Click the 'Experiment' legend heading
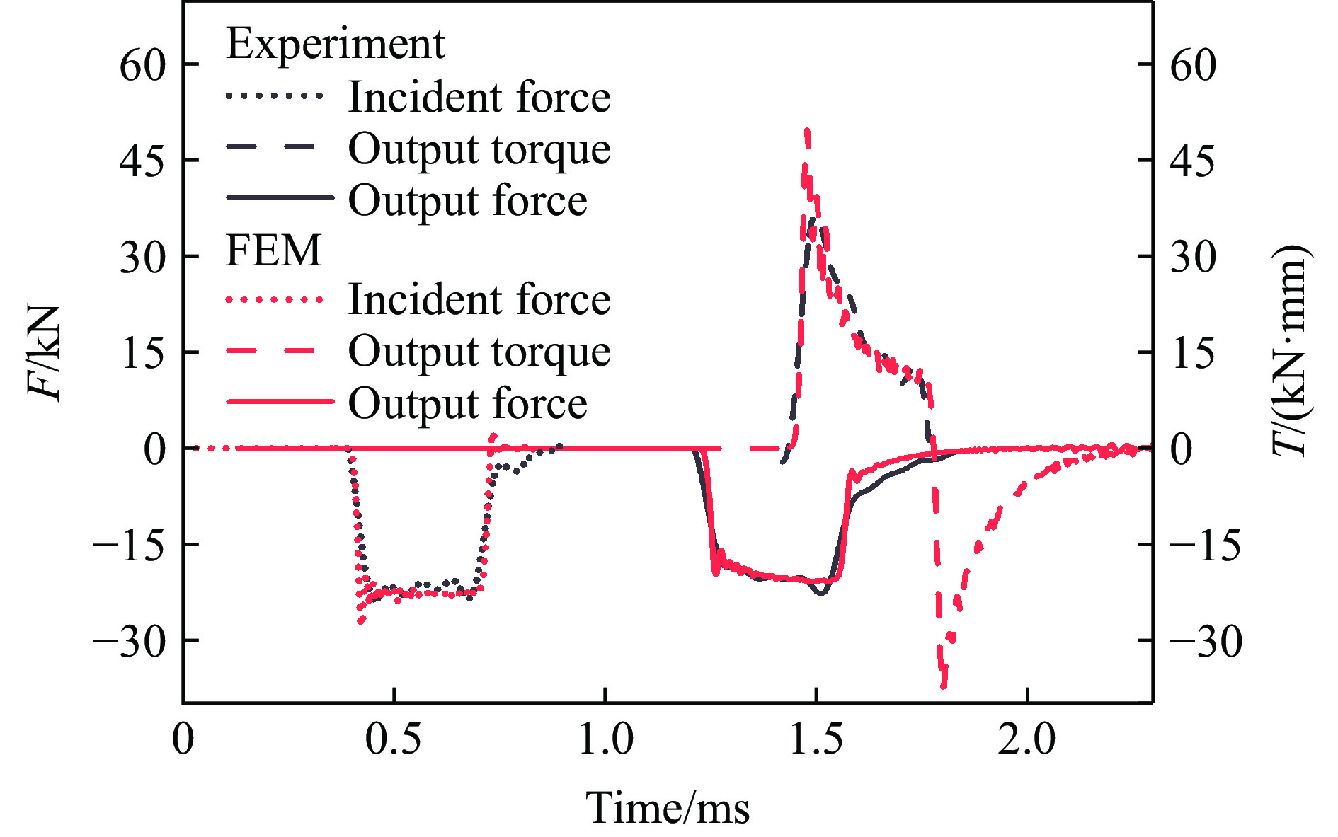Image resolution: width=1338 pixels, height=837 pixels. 336,44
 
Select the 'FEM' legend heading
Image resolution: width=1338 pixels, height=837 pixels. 273,250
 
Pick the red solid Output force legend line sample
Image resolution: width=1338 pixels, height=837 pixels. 279,402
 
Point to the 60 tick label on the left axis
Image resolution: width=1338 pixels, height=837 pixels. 142,65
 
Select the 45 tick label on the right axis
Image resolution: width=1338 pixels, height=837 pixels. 1193,161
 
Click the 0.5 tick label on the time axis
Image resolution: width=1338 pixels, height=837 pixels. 393,739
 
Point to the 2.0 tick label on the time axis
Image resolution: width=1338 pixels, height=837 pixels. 1027,739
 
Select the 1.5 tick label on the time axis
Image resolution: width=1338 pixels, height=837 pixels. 816,739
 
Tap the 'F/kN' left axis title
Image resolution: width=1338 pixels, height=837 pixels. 44,352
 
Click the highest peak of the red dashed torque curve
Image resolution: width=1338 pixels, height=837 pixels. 806,131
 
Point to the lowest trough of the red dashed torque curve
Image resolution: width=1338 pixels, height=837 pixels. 943,685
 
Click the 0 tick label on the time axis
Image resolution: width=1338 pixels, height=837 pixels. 183,739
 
